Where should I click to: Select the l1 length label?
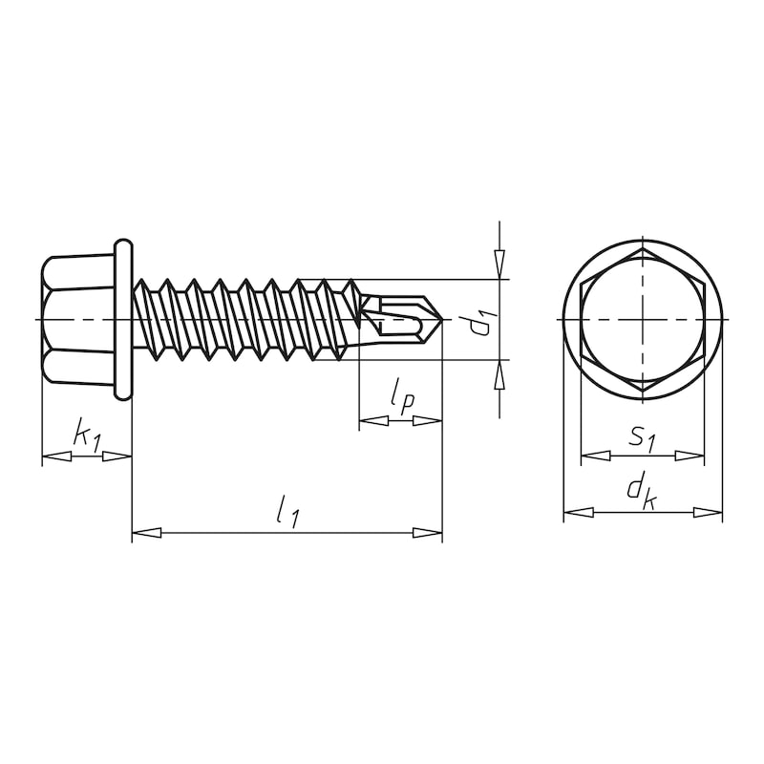coord(286,514)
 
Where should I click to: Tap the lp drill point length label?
coord(401,395)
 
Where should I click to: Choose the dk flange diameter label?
coord(641,492)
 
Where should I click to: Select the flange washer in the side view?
coord(123,319)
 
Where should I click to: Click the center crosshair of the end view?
coord(643,319)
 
